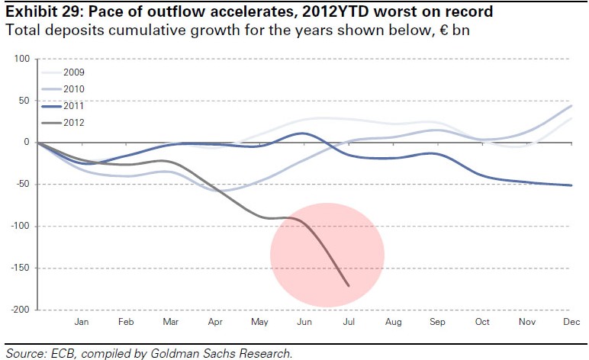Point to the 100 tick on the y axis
pos(21,59)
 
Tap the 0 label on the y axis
pos(26,143)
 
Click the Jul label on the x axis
pos(349,322)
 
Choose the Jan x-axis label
pos(82,322)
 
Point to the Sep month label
pos(437,322)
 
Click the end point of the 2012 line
pos(349,286)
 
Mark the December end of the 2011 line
pos(571,185)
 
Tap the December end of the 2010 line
pos(571,106)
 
